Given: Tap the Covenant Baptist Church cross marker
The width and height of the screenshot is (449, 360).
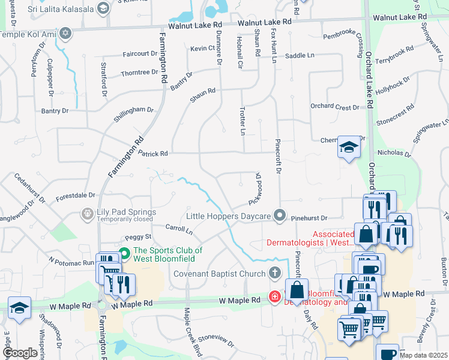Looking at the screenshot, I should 275,274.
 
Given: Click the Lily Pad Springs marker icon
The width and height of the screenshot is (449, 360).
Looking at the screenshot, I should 88,213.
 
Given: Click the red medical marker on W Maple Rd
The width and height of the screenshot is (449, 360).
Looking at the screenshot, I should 274,296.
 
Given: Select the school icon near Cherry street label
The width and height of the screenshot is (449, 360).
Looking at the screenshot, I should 348,146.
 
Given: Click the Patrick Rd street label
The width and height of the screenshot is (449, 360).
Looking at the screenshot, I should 152,154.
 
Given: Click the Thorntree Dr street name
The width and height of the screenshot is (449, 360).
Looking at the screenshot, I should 139,73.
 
